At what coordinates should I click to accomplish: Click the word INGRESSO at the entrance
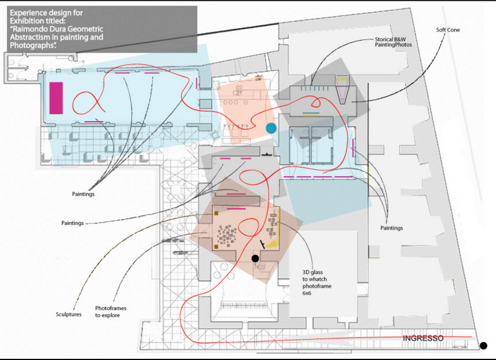tap(423, 338)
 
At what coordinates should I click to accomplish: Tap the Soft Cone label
tap(447, 30)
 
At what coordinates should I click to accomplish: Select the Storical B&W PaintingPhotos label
tap(393, 42)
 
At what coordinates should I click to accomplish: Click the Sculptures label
tap(69, 314)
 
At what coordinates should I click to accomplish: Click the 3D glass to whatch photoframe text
tap(317, 282)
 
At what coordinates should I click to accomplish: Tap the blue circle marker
tap(271, 128)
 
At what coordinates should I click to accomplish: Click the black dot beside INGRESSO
tap(483, 346)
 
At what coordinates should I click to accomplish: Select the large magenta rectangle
tap(56, 98)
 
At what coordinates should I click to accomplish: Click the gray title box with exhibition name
tap(102, 29)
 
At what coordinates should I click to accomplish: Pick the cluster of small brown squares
tap(227, 236)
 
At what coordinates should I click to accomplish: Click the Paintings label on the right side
tap(392, 228)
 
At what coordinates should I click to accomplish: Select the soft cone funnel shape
tap(342, 90)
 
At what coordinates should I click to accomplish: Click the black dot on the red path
tap(255, 259)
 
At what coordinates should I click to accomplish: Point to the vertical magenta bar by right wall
tap(353, 148)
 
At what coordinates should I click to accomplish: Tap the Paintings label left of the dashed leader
tap(72, 223)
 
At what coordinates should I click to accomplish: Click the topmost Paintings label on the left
tap(83, 194)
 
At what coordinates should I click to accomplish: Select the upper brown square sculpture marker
tap(216, 213)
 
